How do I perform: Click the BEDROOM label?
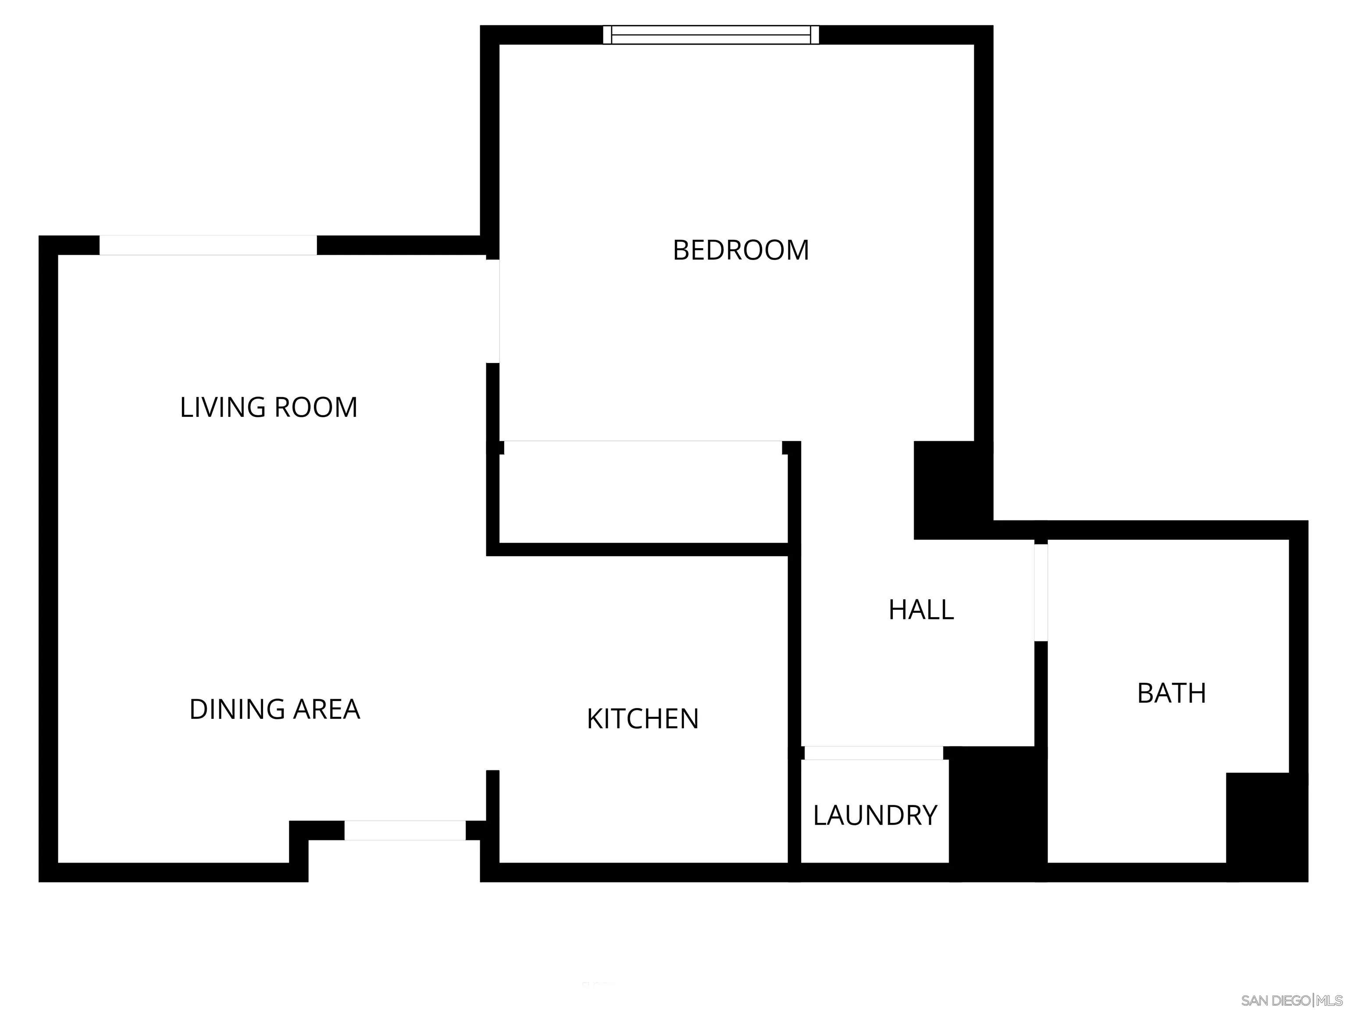tap(741, 250)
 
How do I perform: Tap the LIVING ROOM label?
tap(268, 407)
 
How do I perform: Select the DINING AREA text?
tap(274, 709)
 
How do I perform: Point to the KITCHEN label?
tap(642, 719)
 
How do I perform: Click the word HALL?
tap(921, 610)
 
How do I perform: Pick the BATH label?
tap(1172, 693)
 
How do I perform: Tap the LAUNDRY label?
tap(875, 815)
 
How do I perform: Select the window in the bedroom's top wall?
tap(711, 35)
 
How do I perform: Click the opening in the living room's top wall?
tap(208, 245)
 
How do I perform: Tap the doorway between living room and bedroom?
tap(493, 311)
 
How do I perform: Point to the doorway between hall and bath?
tap(1041, 592)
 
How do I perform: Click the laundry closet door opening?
tap(874, 753)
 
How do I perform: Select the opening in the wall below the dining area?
tap(405, 830)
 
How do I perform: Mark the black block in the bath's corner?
tap(1266, 827)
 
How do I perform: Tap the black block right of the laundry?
tap(998, 813)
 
